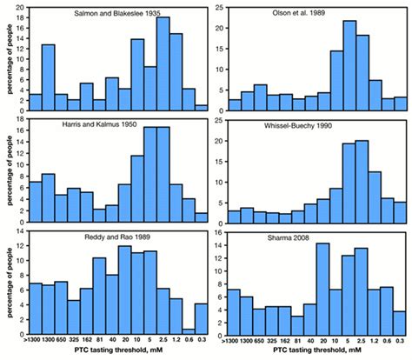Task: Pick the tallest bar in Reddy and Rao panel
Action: point(123,283)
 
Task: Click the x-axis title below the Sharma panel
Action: point(315,354)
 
